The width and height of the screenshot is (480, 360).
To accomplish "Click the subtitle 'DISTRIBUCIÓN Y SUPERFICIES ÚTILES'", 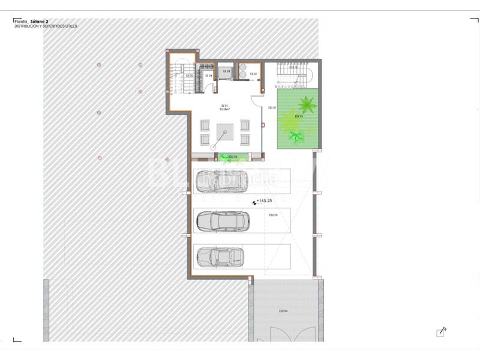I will pos(46,26).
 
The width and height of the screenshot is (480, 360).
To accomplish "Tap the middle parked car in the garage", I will pos(222,221).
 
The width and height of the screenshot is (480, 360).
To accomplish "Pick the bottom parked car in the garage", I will pos(220,257).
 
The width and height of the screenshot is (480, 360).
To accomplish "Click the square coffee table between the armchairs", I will pos(225,131).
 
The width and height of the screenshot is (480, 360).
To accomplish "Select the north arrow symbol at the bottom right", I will pos(442,332).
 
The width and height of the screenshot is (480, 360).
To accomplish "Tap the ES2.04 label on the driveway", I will pos(284,311).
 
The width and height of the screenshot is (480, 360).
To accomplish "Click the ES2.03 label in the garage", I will pos(273,215).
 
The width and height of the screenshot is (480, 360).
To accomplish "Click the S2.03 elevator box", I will pos(227,71).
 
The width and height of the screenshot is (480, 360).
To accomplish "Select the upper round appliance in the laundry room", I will pos(243,67).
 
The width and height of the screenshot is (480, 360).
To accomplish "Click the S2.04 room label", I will pos(209,76).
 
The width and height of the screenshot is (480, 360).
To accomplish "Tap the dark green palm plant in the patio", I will pos(307,104).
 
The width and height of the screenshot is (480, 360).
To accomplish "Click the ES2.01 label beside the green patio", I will pos(272,107).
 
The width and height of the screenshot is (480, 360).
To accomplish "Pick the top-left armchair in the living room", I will pos(205,125).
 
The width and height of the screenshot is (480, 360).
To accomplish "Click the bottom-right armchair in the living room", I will pos(245,139).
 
